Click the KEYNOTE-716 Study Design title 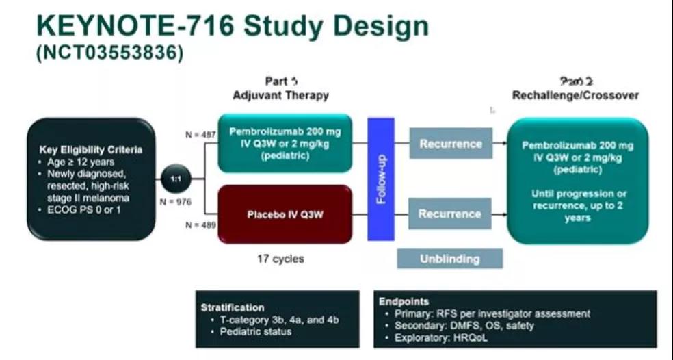(x=233, y=26)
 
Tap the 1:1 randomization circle (x=175, y=179)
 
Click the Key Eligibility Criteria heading (x=91, y=150)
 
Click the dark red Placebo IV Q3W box (x=285, y=214)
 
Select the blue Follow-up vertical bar (x=381, y=179)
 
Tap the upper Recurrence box (x=450, y=144)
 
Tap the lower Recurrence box (x=450, y=214)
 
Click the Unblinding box (x=450, y=259)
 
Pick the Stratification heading (x=233, y=307)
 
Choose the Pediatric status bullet (x=255, y=331)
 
